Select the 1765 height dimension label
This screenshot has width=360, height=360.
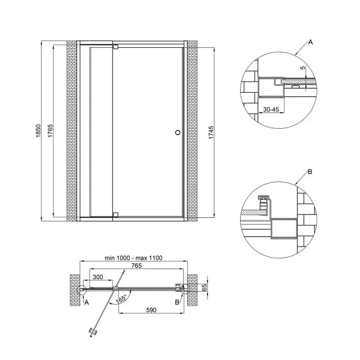click(50, 132)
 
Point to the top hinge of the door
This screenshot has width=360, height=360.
click(116, 46)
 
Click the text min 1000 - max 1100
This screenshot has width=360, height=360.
click(133, 258)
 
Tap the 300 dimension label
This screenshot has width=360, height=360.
click(98, 277)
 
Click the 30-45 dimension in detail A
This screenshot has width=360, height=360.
click(271, 109)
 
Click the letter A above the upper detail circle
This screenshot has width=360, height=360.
click(310, 42)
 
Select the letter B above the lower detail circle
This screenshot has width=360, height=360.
click(310, 172)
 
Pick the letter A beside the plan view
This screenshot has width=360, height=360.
click(86, 303)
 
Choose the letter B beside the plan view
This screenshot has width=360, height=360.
click(177, 303)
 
